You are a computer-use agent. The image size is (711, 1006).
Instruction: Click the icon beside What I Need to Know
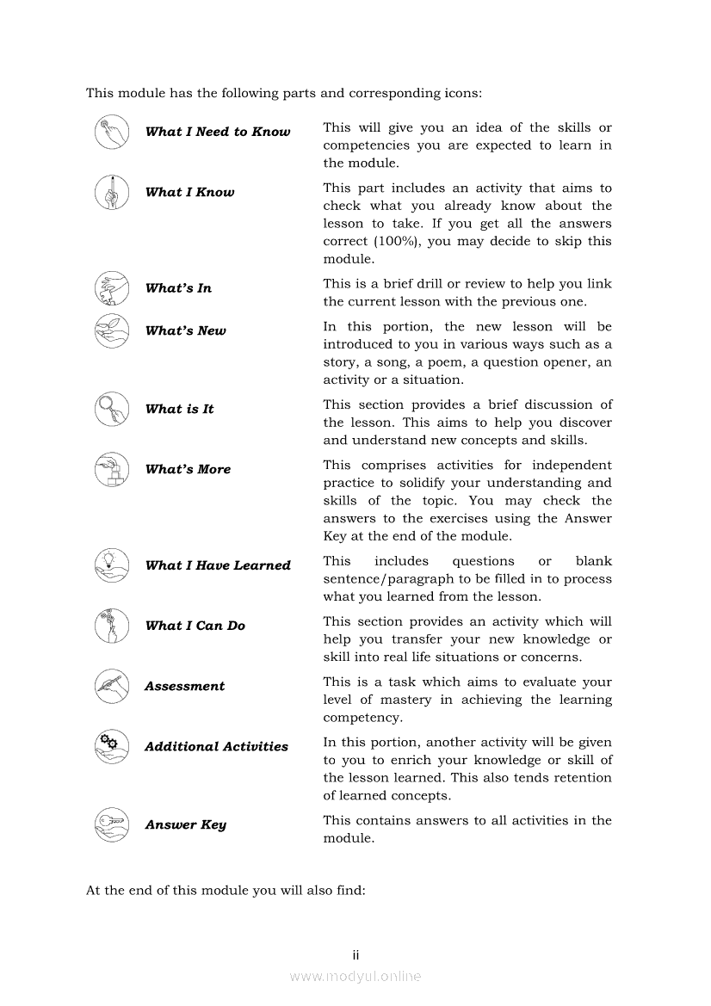111,132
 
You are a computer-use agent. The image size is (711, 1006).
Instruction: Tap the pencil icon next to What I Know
111,192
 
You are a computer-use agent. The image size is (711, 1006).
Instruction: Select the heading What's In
178,288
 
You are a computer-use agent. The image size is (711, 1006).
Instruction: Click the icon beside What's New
111,330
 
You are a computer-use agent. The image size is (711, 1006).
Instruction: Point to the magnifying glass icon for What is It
111,409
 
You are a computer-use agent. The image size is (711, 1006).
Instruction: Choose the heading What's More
188,470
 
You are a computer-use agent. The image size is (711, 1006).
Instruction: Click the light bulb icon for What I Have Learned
111,565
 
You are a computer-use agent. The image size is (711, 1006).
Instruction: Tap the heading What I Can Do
195,626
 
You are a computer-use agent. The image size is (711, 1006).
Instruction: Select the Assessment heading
184,687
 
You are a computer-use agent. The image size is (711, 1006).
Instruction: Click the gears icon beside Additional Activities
111,746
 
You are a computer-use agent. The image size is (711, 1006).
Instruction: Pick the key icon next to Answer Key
111,824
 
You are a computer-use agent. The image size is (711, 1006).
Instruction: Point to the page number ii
355,955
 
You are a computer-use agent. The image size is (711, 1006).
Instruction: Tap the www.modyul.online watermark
355,977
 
